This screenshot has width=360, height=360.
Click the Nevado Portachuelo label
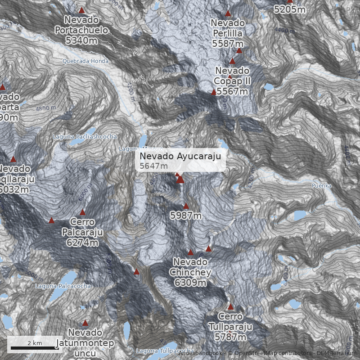(81, 30)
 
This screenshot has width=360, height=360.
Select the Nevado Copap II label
(232, 81)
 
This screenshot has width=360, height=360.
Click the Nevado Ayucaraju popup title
(180, 156)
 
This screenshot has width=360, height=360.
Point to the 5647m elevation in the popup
(150, 166)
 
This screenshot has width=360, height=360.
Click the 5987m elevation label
(186, 216)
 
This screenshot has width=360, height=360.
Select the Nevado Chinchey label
(190, 272)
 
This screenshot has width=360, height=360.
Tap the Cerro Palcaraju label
(82, 232)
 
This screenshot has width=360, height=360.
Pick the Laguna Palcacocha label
(63, 286)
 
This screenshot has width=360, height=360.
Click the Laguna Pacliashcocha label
(85, 136)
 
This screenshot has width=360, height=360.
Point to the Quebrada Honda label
(85, 61)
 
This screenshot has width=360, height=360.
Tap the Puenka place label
(321, 185)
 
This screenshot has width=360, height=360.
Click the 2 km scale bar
(35, 347)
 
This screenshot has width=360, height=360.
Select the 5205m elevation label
(290, 9)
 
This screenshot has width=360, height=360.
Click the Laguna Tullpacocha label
(165, 351)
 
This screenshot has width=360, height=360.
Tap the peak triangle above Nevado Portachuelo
(81, 10)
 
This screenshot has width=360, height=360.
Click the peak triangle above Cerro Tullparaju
(231, 307)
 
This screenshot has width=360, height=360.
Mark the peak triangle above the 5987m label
(186, 206)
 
